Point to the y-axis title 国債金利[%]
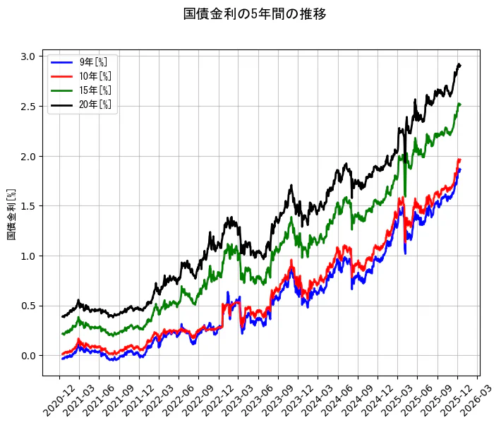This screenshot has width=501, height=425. tap(11, 214)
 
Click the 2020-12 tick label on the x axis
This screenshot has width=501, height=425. tap(54, 399)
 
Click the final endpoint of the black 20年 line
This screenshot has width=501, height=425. tap(460, 65)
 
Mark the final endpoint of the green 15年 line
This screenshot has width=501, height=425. tap(460, 104)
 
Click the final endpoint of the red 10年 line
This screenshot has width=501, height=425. tap(460, 160)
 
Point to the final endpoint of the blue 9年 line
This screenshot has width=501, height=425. tap(460, 169)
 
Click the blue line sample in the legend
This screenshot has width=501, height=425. tap(62, 62)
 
